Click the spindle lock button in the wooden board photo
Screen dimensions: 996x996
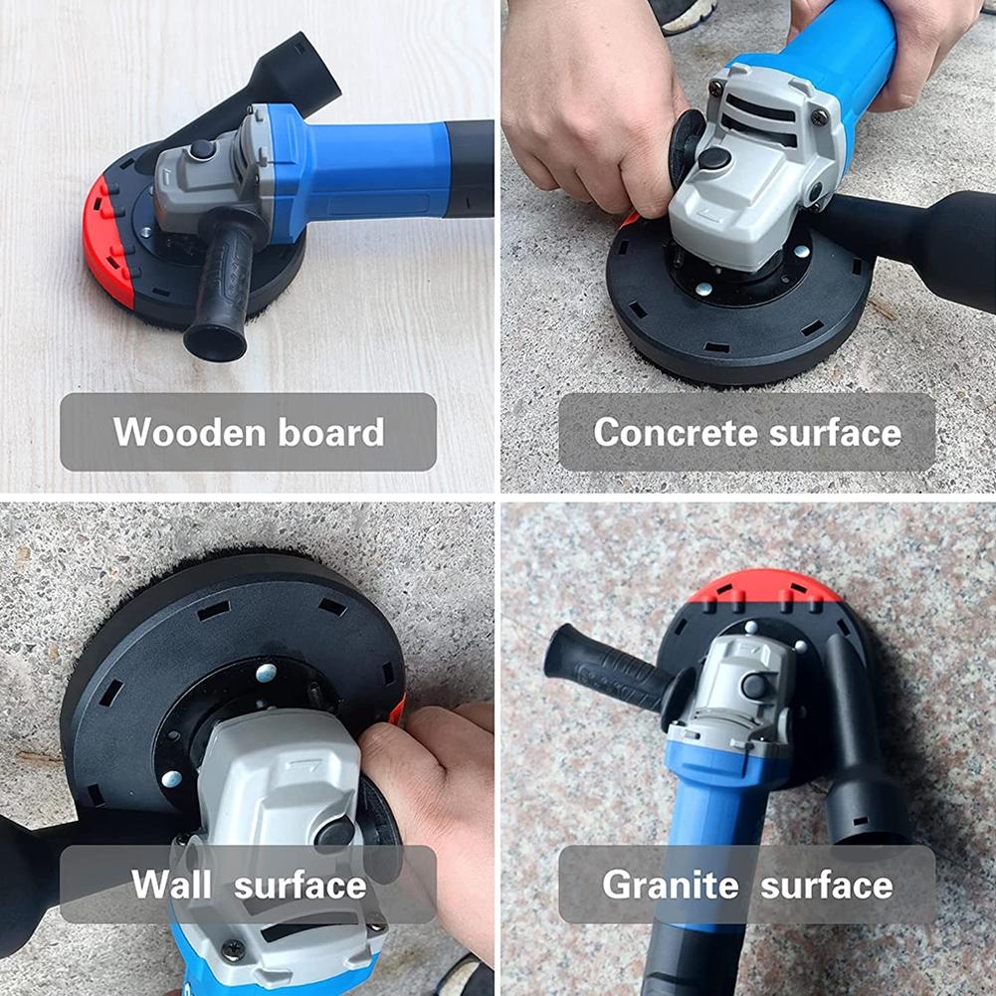pos(203,149)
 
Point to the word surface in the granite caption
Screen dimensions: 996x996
pos(829,885)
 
